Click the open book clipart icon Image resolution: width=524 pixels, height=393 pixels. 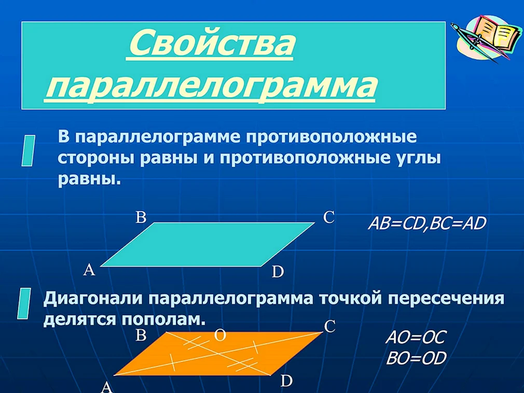(x=486, y=37)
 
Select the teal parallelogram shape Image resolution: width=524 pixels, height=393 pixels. (x=207, y=244)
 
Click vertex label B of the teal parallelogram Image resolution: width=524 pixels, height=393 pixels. (x=141, y=217)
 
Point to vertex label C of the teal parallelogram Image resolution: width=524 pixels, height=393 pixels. (x=329, y=217)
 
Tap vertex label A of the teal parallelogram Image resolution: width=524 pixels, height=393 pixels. (x=89, y=270)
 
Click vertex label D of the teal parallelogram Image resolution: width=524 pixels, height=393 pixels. (x=278, y=272)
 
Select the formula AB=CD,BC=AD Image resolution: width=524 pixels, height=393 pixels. (x=427, y=223)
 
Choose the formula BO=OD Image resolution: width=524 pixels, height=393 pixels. (x=417, y=359)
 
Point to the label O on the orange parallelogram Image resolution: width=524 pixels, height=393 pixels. (x=220, y=335)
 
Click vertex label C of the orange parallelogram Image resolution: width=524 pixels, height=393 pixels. (x=329, y=327)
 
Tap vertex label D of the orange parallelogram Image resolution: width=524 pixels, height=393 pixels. (x=286, y=381)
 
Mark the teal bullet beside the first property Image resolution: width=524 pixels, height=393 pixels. (x=29, y=150)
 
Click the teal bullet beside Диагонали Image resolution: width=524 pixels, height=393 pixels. (x=24, y=303)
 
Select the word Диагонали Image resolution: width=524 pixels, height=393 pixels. (x=94, y=299)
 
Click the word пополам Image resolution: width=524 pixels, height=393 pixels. (x=163, y=320)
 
